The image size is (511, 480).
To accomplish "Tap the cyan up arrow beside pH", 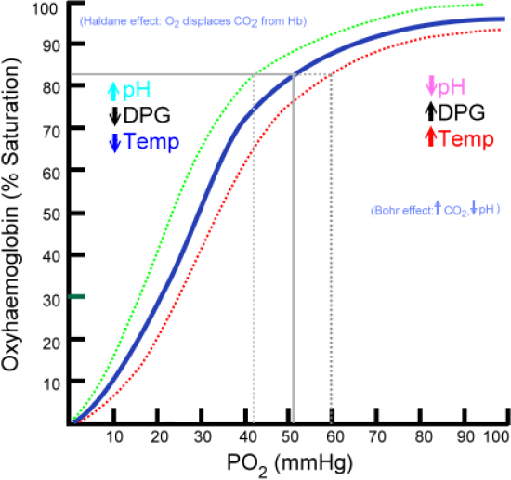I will point(114,91).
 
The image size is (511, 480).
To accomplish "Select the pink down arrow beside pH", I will point(430,87).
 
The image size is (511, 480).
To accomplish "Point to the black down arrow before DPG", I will point(114,117).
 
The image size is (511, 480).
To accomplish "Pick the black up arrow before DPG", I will point(430,112).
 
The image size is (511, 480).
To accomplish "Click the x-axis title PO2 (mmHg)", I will point(285,462).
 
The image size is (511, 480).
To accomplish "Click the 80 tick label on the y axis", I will point(53,86).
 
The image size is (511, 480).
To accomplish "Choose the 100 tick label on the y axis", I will point(50,9).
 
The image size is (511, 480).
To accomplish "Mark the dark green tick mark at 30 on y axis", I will point(77,296).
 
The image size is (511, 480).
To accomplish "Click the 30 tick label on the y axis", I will point(53,298).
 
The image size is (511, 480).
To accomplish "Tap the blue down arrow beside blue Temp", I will point(114,142).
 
